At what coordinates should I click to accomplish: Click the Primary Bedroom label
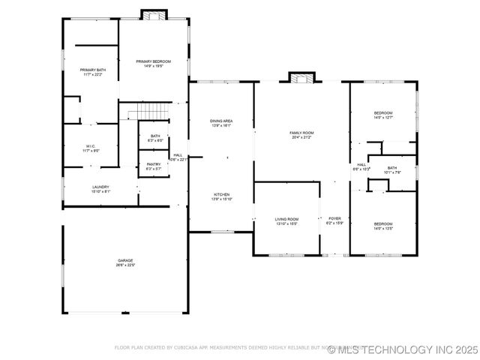coord(153,63)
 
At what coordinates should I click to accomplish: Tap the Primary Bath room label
coord(94,72)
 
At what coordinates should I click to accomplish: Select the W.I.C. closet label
coord(89,148)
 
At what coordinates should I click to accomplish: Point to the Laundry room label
coord(100,189)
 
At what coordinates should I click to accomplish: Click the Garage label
coord(124,262)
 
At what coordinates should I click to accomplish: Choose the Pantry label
coord(154,166)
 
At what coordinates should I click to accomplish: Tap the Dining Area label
coord(221,123)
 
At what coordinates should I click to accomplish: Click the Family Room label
coord(301,135)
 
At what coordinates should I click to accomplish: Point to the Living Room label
coord(287,221)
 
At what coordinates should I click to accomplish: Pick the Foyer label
coord(335,220)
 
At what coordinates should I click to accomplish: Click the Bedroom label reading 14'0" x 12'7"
coord(383,115)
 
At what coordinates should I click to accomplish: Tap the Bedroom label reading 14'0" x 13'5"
coord(383,226)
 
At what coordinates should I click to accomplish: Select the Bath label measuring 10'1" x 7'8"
coord(392,170)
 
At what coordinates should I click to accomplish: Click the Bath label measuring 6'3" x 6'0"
coord(155,138)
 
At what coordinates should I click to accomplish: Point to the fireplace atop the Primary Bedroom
coord(154,15)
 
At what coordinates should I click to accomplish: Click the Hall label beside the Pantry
coord(178,157)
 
